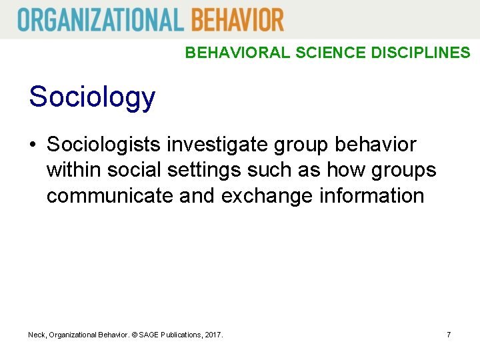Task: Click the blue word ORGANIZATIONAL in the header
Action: (101, 19)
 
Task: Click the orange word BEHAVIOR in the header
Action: (237, 19)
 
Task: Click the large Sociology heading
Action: (92, 97)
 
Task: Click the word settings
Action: (206, 170)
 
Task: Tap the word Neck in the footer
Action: (37, 335)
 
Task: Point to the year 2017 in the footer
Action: (213, 335)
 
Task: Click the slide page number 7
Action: (449, 335)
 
